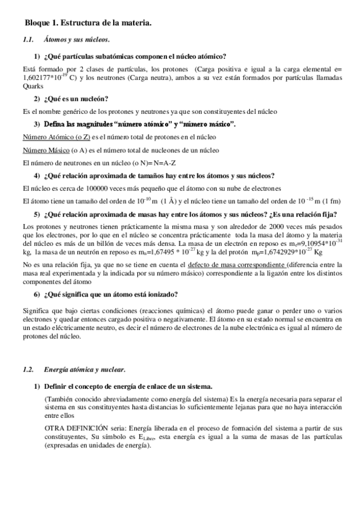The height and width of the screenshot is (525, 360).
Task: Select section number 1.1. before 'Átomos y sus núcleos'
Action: (x=27, y=40)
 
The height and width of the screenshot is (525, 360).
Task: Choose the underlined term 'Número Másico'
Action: (x=45, y=150)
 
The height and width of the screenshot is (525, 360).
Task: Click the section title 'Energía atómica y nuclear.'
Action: (x=84, y=370)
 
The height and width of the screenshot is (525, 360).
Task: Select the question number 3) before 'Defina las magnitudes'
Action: (x=37, y=124)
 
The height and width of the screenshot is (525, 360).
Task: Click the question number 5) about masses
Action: (x=37, y=214)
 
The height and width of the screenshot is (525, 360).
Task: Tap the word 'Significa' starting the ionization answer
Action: (x=36, y=308)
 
